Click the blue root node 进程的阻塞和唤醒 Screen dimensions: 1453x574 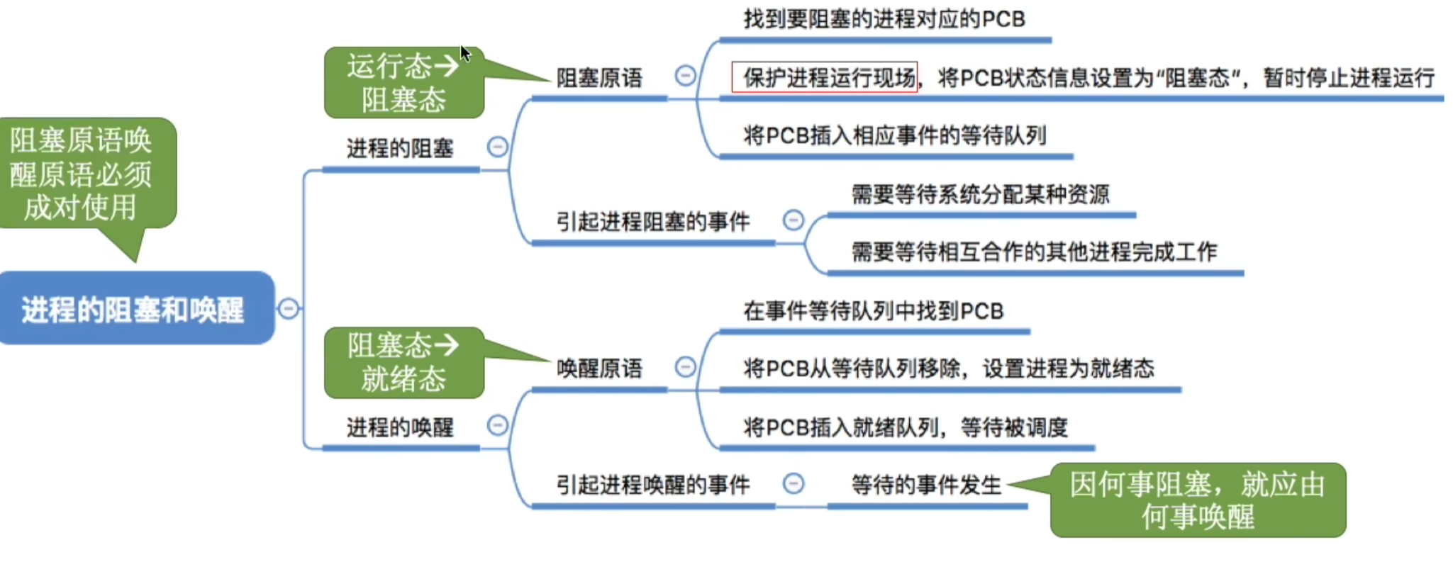point(136,308)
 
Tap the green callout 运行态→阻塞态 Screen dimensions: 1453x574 point(403,82)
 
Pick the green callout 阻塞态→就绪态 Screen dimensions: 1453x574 point(403,362)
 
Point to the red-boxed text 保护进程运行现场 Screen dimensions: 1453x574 point(825,77)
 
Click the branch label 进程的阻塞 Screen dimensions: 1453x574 point(400,148)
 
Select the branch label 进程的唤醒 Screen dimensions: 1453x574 point(400,427)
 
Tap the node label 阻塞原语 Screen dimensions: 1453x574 point(599,77)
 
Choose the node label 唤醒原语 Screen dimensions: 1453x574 point(599,368)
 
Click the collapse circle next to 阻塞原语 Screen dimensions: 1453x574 point(685,75)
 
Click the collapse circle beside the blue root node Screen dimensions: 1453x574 point(289,308)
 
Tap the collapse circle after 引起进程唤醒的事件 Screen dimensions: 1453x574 point(794,483)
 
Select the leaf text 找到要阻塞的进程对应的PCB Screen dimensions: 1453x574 point(884,19)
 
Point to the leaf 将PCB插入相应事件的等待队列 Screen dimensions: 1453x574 point(895,135)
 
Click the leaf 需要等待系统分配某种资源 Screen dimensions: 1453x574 point(981,193)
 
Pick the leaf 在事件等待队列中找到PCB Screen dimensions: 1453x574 point(874,310)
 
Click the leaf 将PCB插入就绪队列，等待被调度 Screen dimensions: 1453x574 point(906,427)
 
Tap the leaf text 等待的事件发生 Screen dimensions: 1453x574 point(926,485)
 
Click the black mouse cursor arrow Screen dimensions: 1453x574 point(464,53)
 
